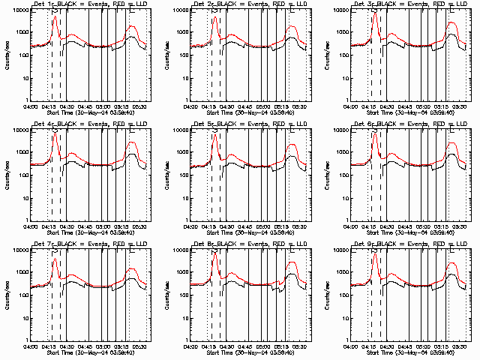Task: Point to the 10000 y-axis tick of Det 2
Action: pyautogui.click(x=178, y=10)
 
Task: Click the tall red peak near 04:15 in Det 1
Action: pyautogui.click(x=55, y=18)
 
